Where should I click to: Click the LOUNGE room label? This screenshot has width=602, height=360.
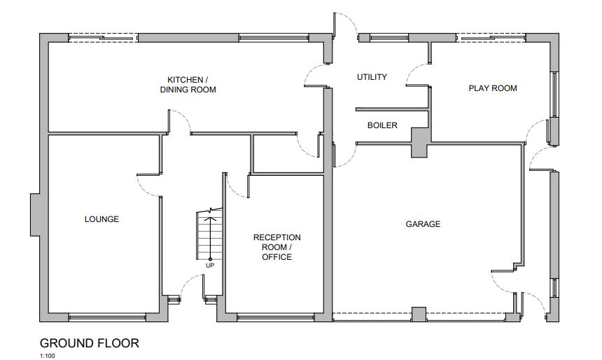pos(101,219)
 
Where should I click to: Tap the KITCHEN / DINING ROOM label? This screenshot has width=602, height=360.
pos(188,85)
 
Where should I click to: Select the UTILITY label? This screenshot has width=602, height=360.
pos(372,77)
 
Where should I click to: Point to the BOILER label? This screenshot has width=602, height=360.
pos(382,125)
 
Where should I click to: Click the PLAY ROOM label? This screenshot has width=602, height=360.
pos(493,88)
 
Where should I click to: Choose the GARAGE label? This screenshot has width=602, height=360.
pos(423,224)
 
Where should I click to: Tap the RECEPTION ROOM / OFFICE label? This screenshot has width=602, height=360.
pos(276,247)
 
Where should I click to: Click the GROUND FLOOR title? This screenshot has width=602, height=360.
pos(90,343)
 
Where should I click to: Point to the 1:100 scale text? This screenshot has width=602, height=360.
pos(47,356)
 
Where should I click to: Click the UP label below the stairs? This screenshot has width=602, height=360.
pos(210,265)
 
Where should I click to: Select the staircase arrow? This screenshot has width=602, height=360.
pos(210,239)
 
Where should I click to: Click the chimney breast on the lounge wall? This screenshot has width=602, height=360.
pos(35,214)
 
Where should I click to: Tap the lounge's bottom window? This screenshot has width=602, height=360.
pos(107,317)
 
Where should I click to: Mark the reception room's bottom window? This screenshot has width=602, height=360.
pos(276,317)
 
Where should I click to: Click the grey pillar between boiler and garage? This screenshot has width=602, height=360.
pos(420,143)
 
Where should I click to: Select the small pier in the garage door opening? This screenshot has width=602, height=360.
pos(419,314)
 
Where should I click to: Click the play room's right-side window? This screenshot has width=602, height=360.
pos(554,95)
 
